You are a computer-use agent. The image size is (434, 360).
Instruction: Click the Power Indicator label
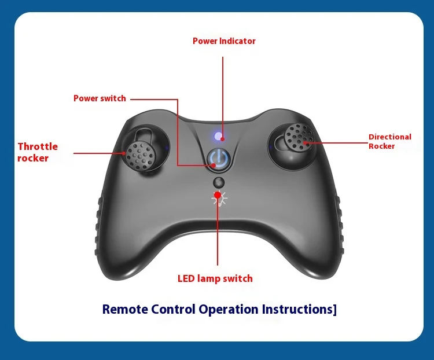pyautogui.click(x=224, y=41)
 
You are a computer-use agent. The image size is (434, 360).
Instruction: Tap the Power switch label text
pyautogui.click(x=100, y=98)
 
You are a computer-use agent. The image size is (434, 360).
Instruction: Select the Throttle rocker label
pyautogui.click(x=38, y=152)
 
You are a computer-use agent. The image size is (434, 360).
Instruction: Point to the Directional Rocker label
pyautogui.click(x=390, y=141)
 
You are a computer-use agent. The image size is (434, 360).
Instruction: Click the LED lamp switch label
pyautogui.click(x=215, y=278)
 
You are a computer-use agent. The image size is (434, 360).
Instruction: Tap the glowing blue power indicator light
pyautogui.click(x=218, y=137)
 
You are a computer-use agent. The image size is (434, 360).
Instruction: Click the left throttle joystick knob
pyautogui.click(x=139, y=153)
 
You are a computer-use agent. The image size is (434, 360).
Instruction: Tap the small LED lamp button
pyautogui.click(x=218, y=182)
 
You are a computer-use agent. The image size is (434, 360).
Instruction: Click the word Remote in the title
pyautogui.click(x=125, y=309)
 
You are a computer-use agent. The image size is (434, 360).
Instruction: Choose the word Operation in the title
pyautogui.click(x=229, y=309)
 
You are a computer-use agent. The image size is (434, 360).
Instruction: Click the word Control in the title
pyautogui.click(x=173, y=309)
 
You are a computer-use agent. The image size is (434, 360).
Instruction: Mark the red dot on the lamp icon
pyautogui.click(x=218, y=196)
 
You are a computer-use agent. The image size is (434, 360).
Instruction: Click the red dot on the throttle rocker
pyautogui.click(x=125, y=153)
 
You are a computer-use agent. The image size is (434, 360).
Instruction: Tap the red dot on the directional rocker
pyautogui.click(x=304, y=142)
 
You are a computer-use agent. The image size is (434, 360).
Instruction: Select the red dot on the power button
pyautogui.click(x=215, y=165)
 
